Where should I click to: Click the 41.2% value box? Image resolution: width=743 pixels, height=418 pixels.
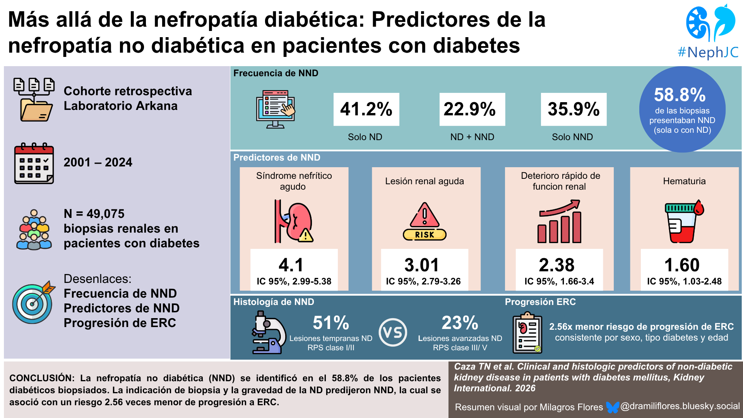coord(366,109)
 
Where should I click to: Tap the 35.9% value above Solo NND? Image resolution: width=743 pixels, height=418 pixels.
coord(574,109)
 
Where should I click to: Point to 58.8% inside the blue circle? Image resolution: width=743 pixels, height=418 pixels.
coord(680,95)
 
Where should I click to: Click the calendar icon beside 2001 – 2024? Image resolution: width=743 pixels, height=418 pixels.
coord(34,163)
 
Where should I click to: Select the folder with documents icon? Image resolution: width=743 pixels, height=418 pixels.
coord(34,99)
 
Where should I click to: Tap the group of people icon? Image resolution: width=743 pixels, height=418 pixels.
coord(34,230)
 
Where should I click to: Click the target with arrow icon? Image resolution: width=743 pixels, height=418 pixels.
coord(34,302)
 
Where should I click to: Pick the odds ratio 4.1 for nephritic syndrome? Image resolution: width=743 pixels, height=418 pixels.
coord(291,265)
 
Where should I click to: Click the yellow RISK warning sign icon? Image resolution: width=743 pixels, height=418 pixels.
coord(425,221)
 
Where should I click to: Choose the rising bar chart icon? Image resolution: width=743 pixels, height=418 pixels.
coord(560,221)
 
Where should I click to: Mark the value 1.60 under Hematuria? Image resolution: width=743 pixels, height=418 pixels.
coord(682,265)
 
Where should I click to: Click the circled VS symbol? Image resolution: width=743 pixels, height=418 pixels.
coord(393,332)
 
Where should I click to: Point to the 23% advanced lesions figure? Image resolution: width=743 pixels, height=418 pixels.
coord(460,323)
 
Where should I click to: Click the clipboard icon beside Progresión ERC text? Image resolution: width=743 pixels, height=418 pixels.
coord(527,332)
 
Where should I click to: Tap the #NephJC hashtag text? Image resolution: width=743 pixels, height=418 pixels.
coord(708,52)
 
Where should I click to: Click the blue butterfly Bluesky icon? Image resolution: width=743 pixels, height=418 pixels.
coord(612,407)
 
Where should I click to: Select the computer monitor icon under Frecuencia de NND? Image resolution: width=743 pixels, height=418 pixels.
coord(276,109)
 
